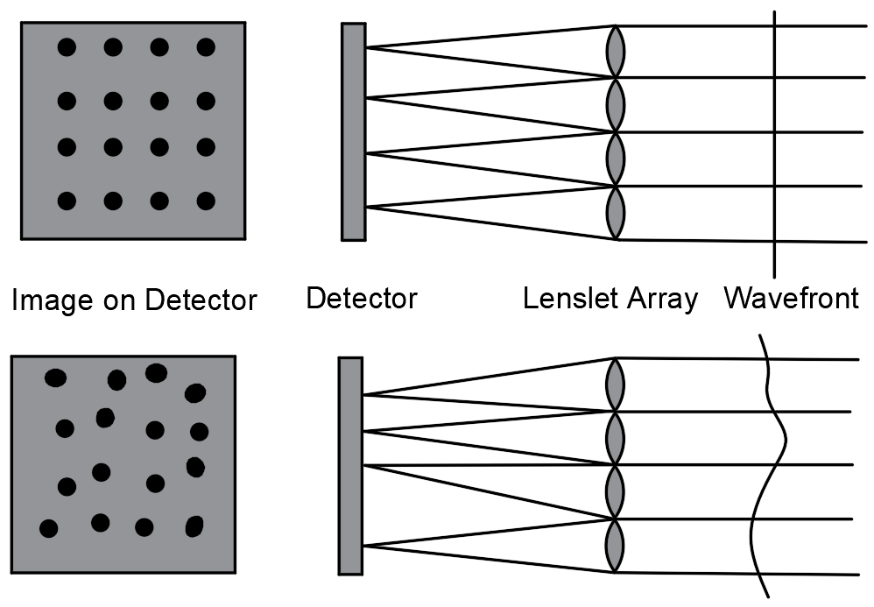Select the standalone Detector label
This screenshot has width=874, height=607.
pyautogui.click(x=361, y=299)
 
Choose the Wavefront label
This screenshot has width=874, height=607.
pyautogui.click(x=791, y=299)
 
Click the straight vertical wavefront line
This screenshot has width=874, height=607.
pyautogui.click(x=774, y=140)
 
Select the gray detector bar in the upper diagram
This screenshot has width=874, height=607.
pyautogui.click(x=353, y=131)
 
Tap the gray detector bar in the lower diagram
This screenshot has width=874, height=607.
pyautogui.click(x=350, y=465)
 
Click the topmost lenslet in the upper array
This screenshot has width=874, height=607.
pyautogui.click(x=617, y=52)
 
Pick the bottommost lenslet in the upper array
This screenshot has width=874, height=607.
pyautogui.click(x=617, y=213)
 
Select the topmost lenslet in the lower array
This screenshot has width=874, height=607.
pyautogui.click(x=616, y=384)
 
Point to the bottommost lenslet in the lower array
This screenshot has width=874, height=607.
pyautogui.click(x=616, y=545)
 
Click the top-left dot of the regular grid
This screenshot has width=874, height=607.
pyautogui.click(x=67, y=47)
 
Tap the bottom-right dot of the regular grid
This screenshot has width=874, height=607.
pyautogui.click(x=206, y=201)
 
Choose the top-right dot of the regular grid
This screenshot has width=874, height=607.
pyautogui.click(x=206, y=47)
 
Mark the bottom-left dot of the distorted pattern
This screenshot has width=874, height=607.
pyautogui.click(x=49, y=528)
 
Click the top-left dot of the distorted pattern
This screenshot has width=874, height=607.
pyautogui.click(x=55, y=378)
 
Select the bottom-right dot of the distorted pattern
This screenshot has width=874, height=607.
pyautogui.click(x=194, y=526)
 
